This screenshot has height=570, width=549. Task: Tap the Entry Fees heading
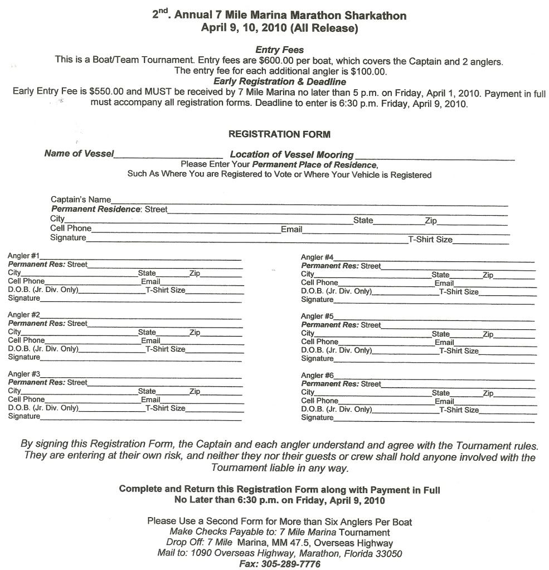pos(279,50)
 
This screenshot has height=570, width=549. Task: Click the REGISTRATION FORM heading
pos(279,134)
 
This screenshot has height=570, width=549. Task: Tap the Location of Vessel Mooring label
pos(291,155)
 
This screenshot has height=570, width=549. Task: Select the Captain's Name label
pos(80,199)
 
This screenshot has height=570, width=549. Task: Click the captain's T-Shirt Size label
pos(430,240)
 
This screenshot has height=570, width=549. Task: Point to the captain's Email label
pos(291,229)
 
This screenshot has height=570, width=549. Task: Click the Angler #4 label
pos(317,257)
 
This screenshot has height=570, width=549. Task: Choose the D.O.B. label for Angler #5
pos(336,350)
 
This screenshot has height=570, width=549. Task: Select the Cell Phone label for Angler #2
pos(26,340)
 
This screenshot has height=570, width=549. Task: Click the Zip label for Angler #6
pos(488,393)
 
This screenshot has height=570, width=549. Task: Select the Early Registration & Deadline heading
pos(279,81)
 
